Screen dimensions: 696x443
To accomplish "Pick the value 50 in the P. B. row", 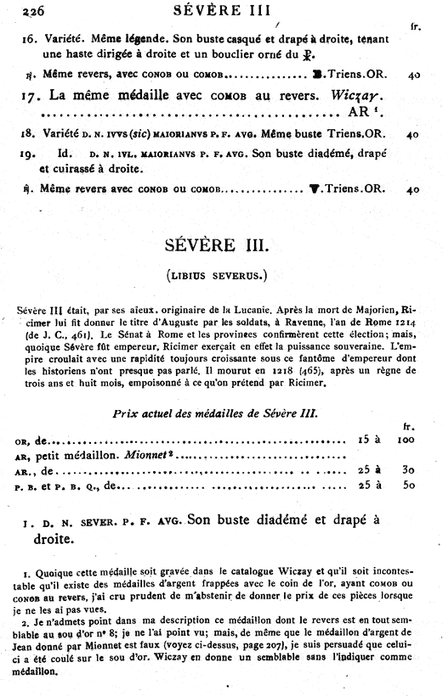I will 410,486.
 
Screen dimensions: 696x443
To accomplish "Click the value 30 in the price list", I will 410,471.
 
